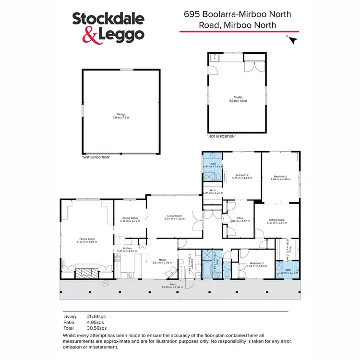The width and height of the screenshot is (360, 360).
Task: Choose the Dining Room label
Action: (130, 218)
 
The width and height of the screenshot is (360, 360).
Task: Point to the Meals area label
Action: (158, 260)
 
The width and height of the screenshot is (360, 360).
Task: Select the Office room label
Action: (240, 218)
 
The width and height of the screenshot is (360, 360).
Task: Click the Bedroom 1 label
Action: (280, 176)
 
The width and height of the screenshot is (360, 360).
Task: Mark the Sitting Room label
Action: (276, 219)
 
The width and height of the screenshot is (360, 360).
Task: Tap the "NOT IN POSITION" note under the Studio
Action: (221, 137)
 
